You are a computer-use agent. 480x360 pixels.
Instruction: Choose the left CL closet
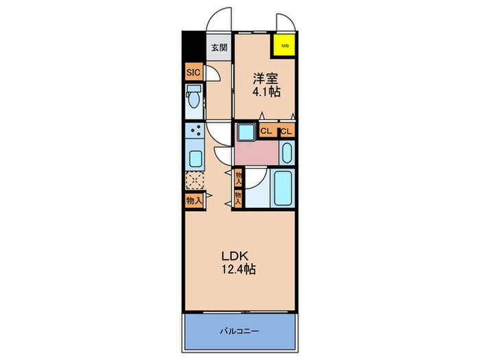click(267, 130)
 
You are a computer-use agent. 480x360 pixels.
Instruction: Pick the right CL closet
click(287, 130)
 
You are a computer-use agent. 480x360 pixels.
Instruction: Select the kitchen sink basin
click(194, 159)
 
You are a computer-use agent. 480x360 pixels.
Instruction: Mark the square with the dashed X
click(194, 182)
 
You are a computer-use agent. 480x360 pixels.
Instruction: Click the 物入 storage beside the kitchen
click(193, 200)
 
